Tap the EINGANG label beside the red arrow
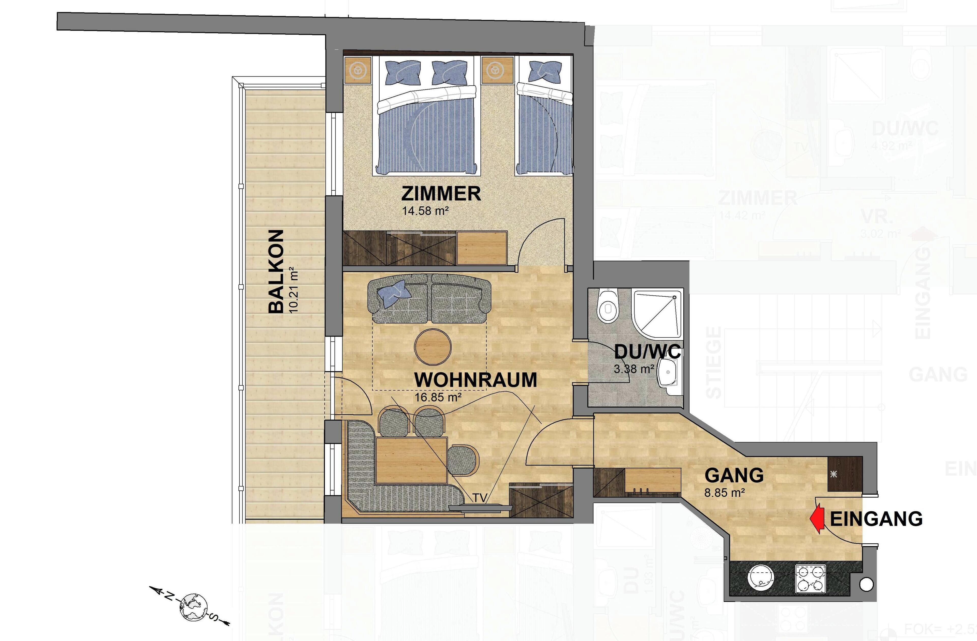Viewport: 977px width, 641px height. (x=877, y=519)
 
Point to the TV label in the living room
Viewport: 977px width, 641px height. (x=480, y=497)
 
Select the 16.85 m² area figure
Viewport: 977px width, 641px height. (x=438, y=398)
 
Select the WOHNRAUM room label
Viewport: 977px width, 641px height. (x=475, y=380)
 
